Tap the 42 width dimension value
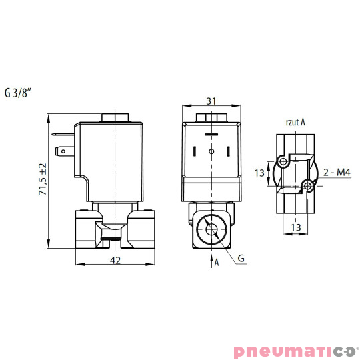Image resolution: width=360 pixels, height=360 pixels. click(x=115, y=260)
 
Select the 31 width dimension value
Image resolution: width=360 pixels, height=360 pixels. click(x=211, y=101)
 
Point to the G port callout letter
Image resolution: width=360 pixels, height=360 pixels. click(x=241, y=258)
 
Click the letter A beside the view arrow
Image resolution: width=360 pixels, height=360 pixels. click(x=217, y=262)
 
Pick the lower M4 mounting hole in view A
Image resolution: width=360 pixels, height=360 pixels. click(x=307, y=185)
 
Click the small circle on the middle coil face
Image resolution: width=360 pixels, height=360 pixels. click(x=211, y=152)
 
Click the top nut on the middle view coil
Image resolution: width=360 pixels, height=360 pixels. click(x=211, y=119)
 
